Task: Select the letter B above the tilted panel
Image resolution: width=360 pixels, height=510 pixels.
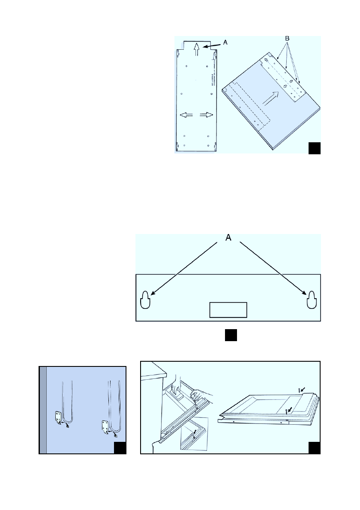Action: (288, 39)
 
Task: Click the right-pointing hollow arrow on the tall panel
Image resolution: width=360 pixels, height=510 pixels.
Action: (207, 115)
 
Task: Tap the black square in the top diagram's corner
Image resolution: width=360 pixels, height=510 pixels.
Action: (315, 148)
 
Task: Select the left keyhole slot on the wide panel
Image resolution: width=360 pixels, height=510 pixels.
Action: (145, 300)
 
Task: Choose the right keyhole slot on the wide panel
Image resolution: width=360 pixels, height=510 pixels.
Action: (312, 300)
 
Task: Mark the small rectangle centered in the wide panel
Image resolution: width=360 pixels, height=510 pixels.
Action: (228, 309)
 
